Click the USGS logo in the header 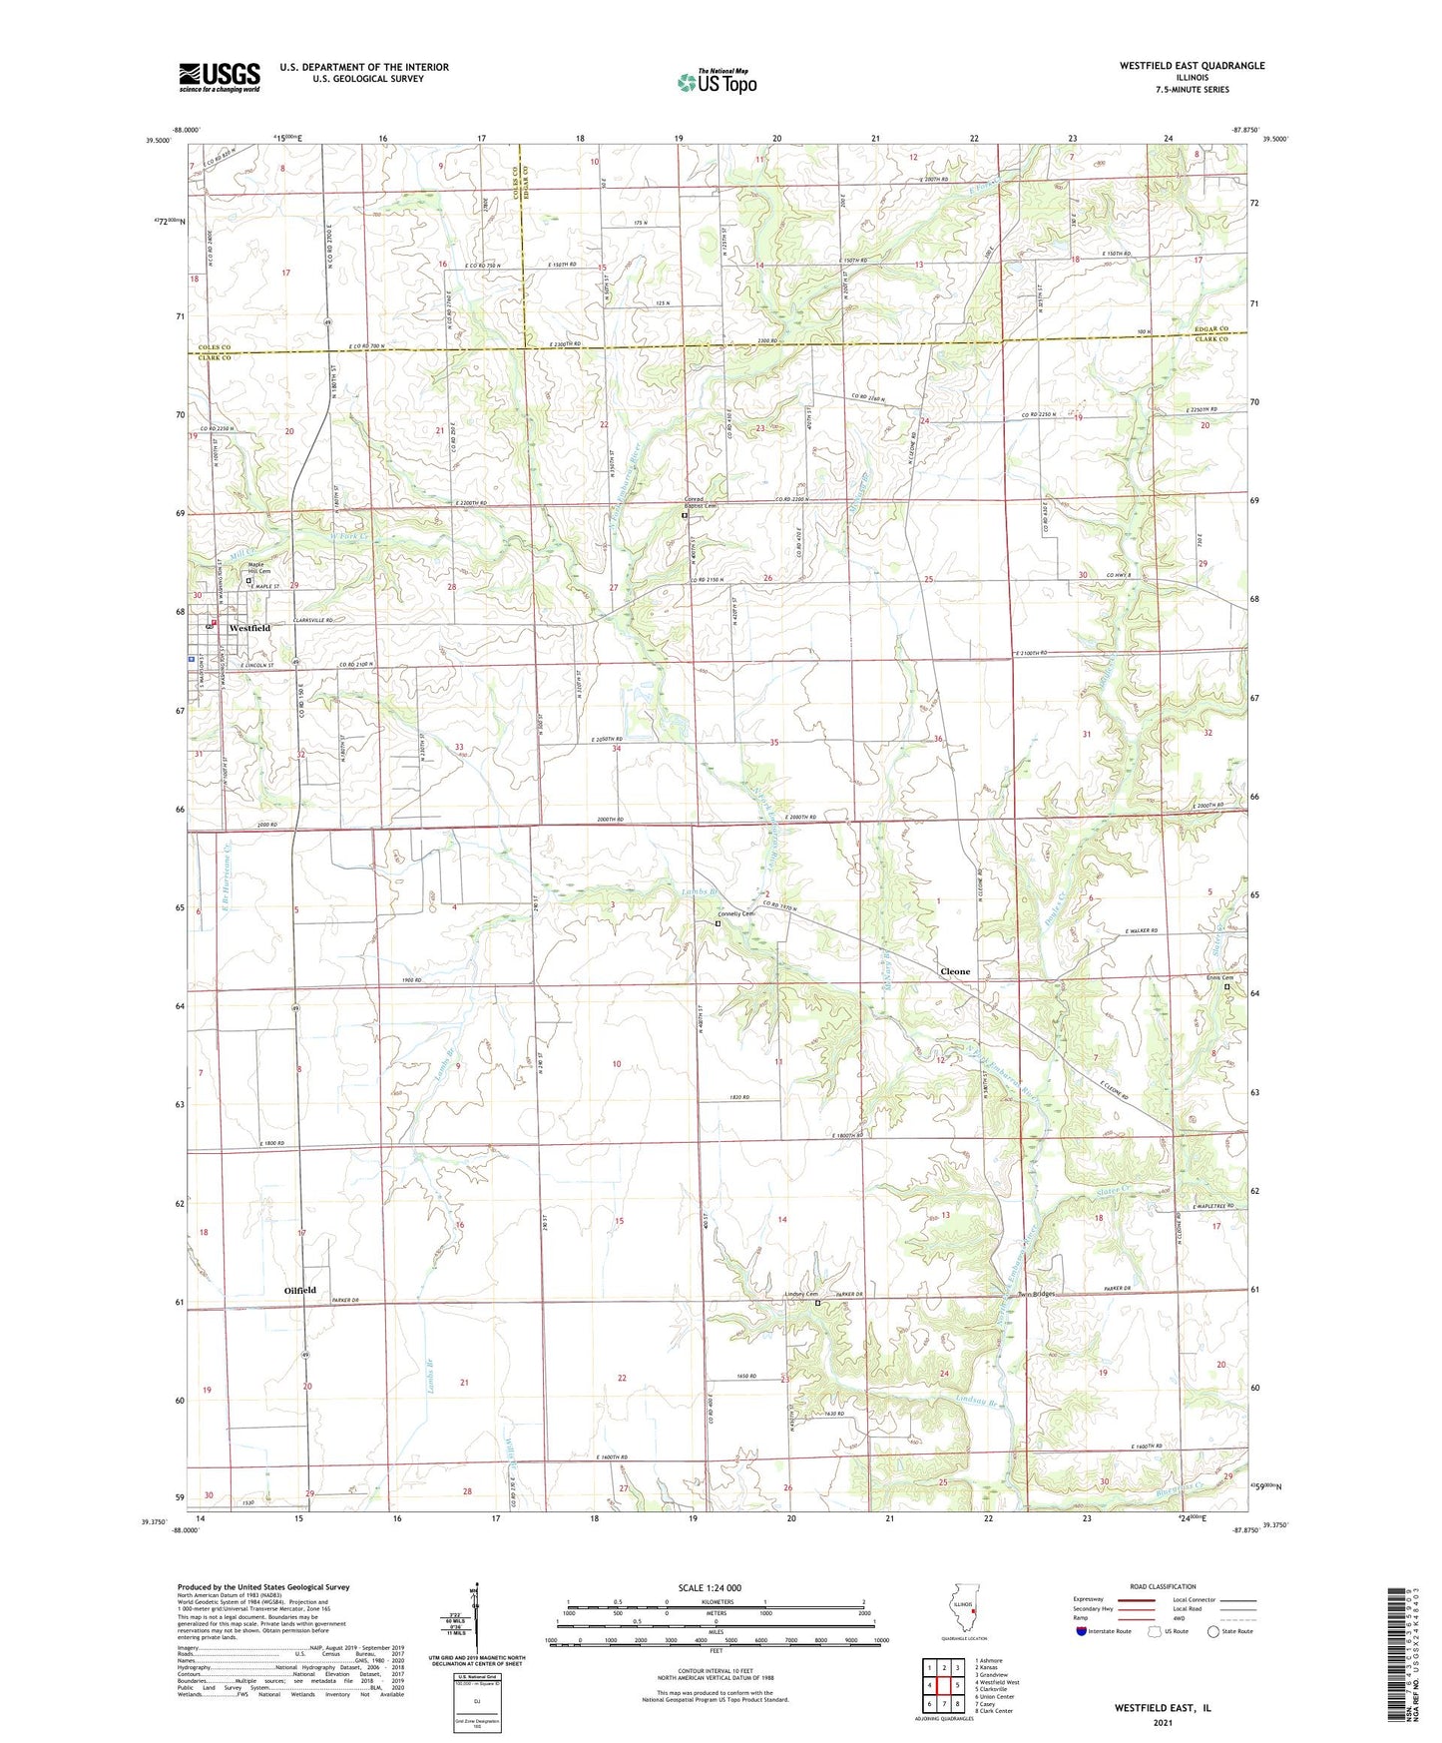220,77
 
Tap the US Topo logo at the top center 717,83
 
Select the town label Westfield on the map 249,628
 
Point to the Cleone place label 955,971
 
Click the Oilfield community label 299,1290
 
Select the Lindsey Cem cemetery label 800,1295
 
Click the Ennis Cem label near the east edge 1219,978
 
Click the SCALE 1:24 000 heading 709,1587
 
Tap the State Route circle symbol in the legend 1213,1631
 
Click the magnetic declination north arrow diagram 476,1622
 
